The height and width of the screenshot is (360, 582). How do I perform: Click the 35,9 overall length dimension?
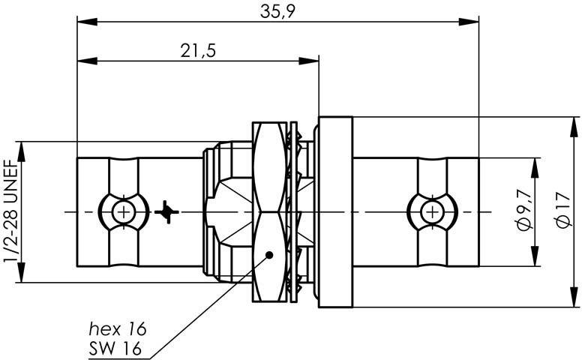point(277,11)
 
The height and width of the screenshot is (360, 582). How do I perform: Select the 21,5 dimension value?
point(198,51)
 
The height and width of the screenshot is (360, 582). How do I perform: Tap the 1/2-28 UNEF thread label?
point(11,211)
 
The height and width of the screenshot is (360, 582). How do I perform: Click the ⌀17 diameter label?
point(562,210)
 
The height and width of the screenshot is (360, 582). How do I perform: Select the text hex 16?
point(118,328)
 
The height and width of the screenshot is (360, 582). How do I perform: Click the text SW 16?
point(115,349)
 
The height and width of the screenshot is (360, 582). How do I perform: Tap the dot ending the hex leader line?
point(269,255)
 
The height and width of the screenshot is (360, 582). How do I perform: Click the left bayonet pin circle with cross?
point(124,212)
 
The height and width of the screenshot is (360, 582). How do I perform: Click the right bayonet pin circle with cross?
point(433,212)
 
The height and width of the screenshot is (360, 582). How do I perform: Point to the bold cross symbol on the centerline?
point(166,212)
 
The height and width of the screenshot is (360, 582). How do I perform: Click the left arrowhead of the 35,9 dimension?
point(87,22)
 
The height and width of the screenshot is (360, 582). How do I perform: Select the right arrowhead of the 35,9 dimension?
point(469,22)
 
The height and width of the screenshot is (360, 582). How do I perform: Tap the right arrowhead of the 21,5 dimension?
point(309,61)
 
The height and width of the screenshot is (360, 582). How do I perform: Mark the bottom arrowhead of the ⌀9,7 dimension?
point(535,256)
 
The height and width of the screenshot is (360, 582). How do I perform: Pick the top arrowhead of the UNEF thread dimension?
point(21,151)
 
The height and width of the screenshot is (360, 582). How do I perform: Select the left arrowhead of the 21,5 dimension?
point(87,61)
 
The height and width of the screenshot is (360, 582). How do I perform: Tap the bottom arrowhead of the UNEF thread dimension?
point(21,272)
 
